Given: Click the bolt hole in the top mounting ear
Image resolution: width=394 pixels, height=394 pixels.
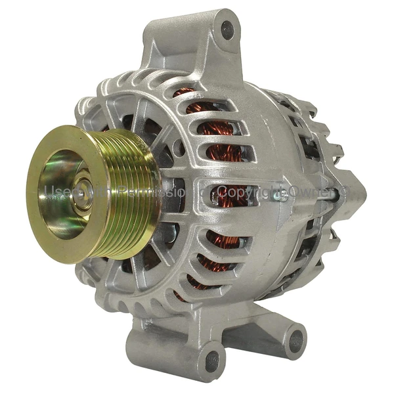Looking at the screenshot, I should pyautogui.click(x=227, y=30).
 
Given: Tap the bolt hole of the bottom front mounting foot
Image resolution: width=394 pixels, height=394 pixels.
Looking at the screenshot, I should pyautogui.click(x=211, y=359).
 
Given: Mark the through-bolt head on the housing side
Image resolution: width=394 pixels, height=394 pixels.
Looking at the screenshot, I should pyautogui.click(x=284, y=194).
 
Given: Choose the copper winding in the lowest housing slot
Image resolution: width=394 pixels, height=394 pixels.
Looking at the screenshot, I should pyautogui.click(x=197, y=282).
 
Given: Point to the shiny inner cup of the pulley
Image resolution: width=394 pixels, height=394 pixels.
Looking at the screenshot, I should pyautogui.click(x=62, y=197).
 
